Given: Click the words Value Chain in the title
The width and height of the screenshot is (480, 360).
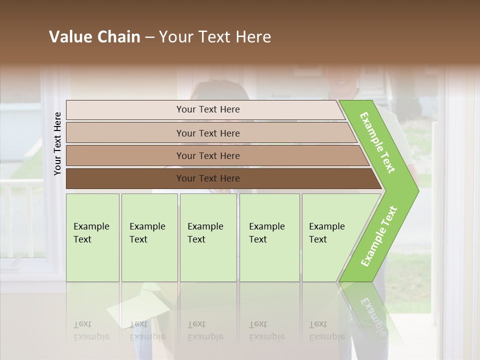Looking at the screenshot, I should pyautogui.click(x=94, y=37).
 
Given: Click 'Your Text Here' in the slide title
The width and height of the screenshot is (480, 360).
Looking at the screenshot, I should pyautogui.click(x=215, y=37).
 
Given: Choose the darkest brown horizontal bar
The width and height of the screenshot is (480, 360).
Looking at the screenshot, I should pyautogui.click(x=125, y=178).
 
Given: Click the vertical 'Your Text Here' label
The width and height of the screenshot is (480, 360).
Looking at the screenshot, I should pyautogui.click(x=57, y=143).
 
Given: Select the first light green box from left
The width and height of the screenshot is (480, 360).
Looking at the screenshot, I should pyautogui.click(x=92, y=237).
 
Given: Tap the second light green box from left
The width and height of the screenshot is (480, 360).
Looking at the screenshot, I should pyautogui.click(x=149, y=237).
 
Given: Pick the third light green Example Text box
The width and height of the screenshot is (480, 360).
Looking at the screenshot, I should pyautogui.click(x=208, y=237).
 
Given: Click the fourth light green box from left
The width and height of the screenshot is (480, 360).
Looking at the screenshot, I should pyautogui.click(x=269, y=237).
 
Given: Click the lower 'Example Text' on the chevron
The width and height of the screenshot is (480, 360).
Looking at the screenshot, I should pyautogui.click(x=379, y=236).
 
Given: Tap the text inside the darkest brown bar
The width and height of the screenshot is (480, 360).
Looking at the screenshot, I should pyautogui.click(x=208, y=178).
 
